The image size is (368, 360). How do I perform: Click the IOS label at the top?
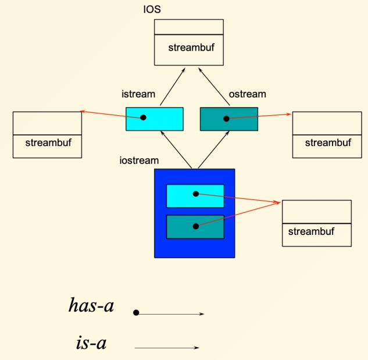pyautogui.click(x=152, y=10)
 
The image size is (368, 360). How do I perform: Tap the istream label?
pyautogui.click(x=138, y=94)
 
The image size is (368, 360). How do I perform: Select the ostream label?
pyautogui.click(x=248, y=94)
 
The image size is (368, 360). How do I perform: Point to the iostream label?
pyautogui.click(x=139, y=160)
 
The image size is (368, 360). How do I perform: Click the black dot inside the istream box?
pyautogui.click(x=143, y=117)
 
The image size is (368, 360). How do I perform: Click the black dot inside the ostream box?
pyautogui.click(x=226, y=119)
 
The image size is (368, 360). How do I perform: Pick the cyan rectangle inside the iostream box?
pyautogui.click(x=180, y=196)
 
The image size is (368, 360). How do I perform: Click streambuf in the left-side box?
pyautogui.click(x=48, y=142)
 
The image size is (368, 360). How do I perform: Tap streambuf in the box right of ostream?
pyautogui.click(x=328, y=142)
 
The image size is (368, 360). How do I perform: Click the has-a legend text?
pyautogui.click(x=91, y=305)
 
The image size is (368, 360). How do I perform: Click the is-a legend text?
pyautogui.click(x=91, y=343)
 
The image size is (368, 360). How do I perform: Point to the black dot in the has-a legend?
pyautogui.click(x=136, y=313)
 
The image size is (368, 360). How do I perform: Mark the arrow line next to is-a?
pyautogui.click(x=167, y=348)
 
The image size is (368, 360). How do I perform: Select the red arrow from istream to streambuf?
pyautogui.click(x=110, y=114)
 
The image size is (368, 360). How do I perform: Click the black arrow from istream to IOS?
pyautogui.click(x=173, y=87)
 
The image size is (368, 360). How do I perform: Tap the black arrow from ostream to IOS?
pyautogui.click(x=212, y=87)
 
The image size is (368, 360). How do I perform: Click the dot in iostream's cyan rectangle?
pyautogui.click(x=196, y=194)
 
